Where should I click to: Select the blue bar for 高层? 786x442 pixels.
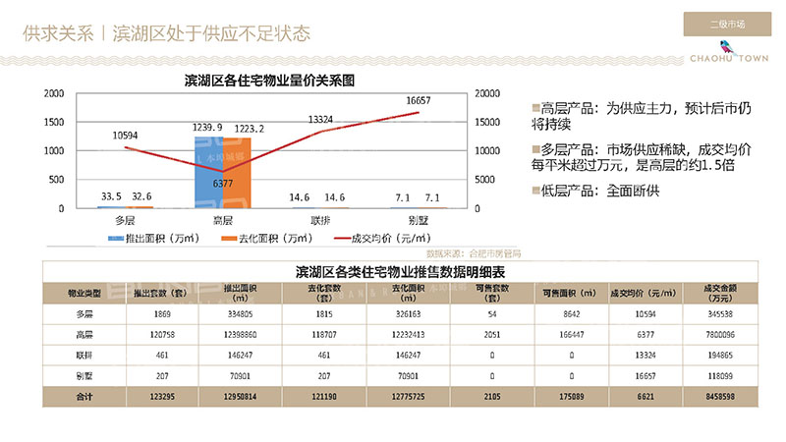(208, 173)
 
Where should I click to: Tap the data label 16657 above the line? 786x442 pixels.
(419, 101)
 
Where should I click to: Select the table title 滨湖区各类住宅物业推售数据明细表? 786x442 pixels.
(390, 270)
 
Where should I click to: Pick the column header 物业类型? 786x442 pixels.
(85, 293)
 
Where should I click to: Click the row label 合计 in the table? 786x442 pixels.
(85, 396)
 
